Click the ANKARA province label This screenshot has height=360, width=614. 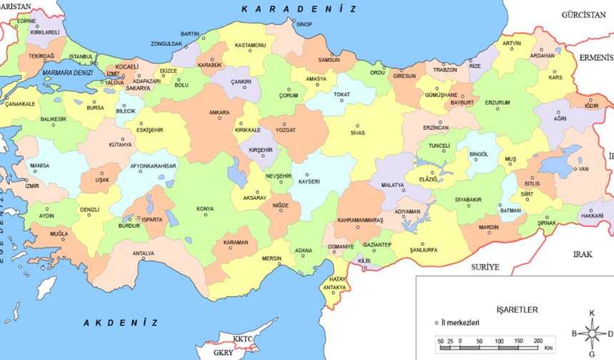tap(219, 112)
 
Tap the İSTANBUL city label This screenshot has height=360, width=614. tap(81, 56)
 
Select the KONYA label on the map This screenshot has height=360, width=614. tap(205, 209)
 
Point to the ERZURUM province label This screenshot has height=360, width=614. tap(498, 102)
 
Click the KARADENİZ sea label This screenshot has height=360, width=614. tap(298, 9)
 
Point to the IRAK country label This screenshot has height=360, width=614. tap(583, 254)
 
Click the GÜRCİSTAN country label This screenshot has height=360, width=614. tap(583, 14)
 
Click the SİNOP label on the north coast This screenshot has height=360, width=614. tap(304, 25)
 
